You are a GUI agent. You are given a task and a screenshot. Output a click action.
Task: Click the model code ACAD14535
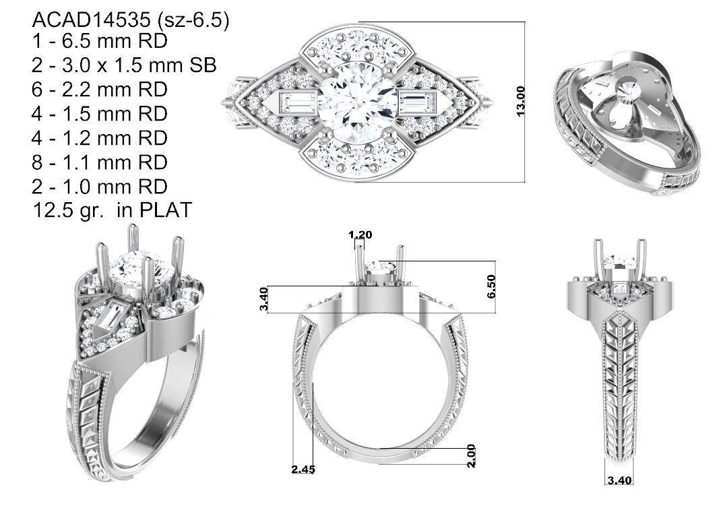pyautogui.click(x=92, y=20)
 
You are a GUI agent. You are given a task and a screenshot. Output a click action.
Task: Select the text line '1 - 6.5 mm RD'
pyautogui.click(x=100, y=41)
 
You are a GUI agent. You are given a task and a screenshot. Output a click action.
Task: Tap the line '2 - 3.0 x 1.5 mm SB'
pyautogui.click(x=124, y=65)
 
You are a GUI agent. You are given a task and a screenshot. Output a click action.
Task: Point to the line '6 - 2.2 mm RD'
pyautogui.click(x=100, y=89)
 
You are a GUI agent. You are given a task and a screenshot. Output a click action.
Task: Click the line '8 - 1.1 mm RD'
pyautogui.click(x=100, y=162)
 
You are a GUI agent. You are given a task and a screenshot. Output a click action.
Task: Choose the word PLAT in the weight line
pyautogui.click(x=166, y=210)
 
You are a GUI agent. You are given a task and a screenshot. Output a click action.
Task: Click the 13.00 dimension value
pyautogui.click(x=521, y=101)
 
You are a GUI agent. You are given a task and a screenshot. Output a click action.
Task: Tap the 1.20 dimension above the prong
pyautogui.click(x=360, y=234)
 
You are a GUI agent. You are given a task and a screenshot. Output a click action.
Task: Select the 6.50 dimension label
pyautogui.click(x=491, y=286)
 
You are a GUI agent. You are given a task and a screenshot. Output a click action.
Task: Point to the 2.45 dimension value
pyautogui.click(x=303, y=470)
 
